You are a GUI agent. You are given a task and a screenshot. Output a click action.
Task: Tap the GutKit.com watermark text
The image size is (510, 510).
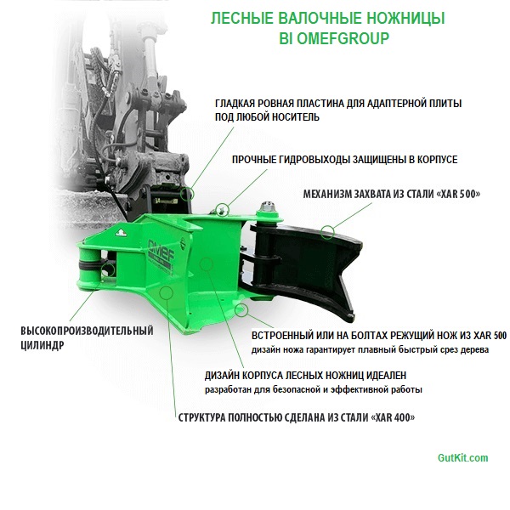462,458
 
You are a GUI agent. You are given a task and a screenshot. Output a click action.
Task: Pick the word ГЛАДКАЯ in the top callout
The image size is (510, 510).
239,103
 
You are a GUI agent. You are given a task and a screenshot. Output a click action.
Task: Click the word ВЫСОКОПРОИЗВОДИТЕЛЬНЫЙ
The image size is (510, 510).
87,331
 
